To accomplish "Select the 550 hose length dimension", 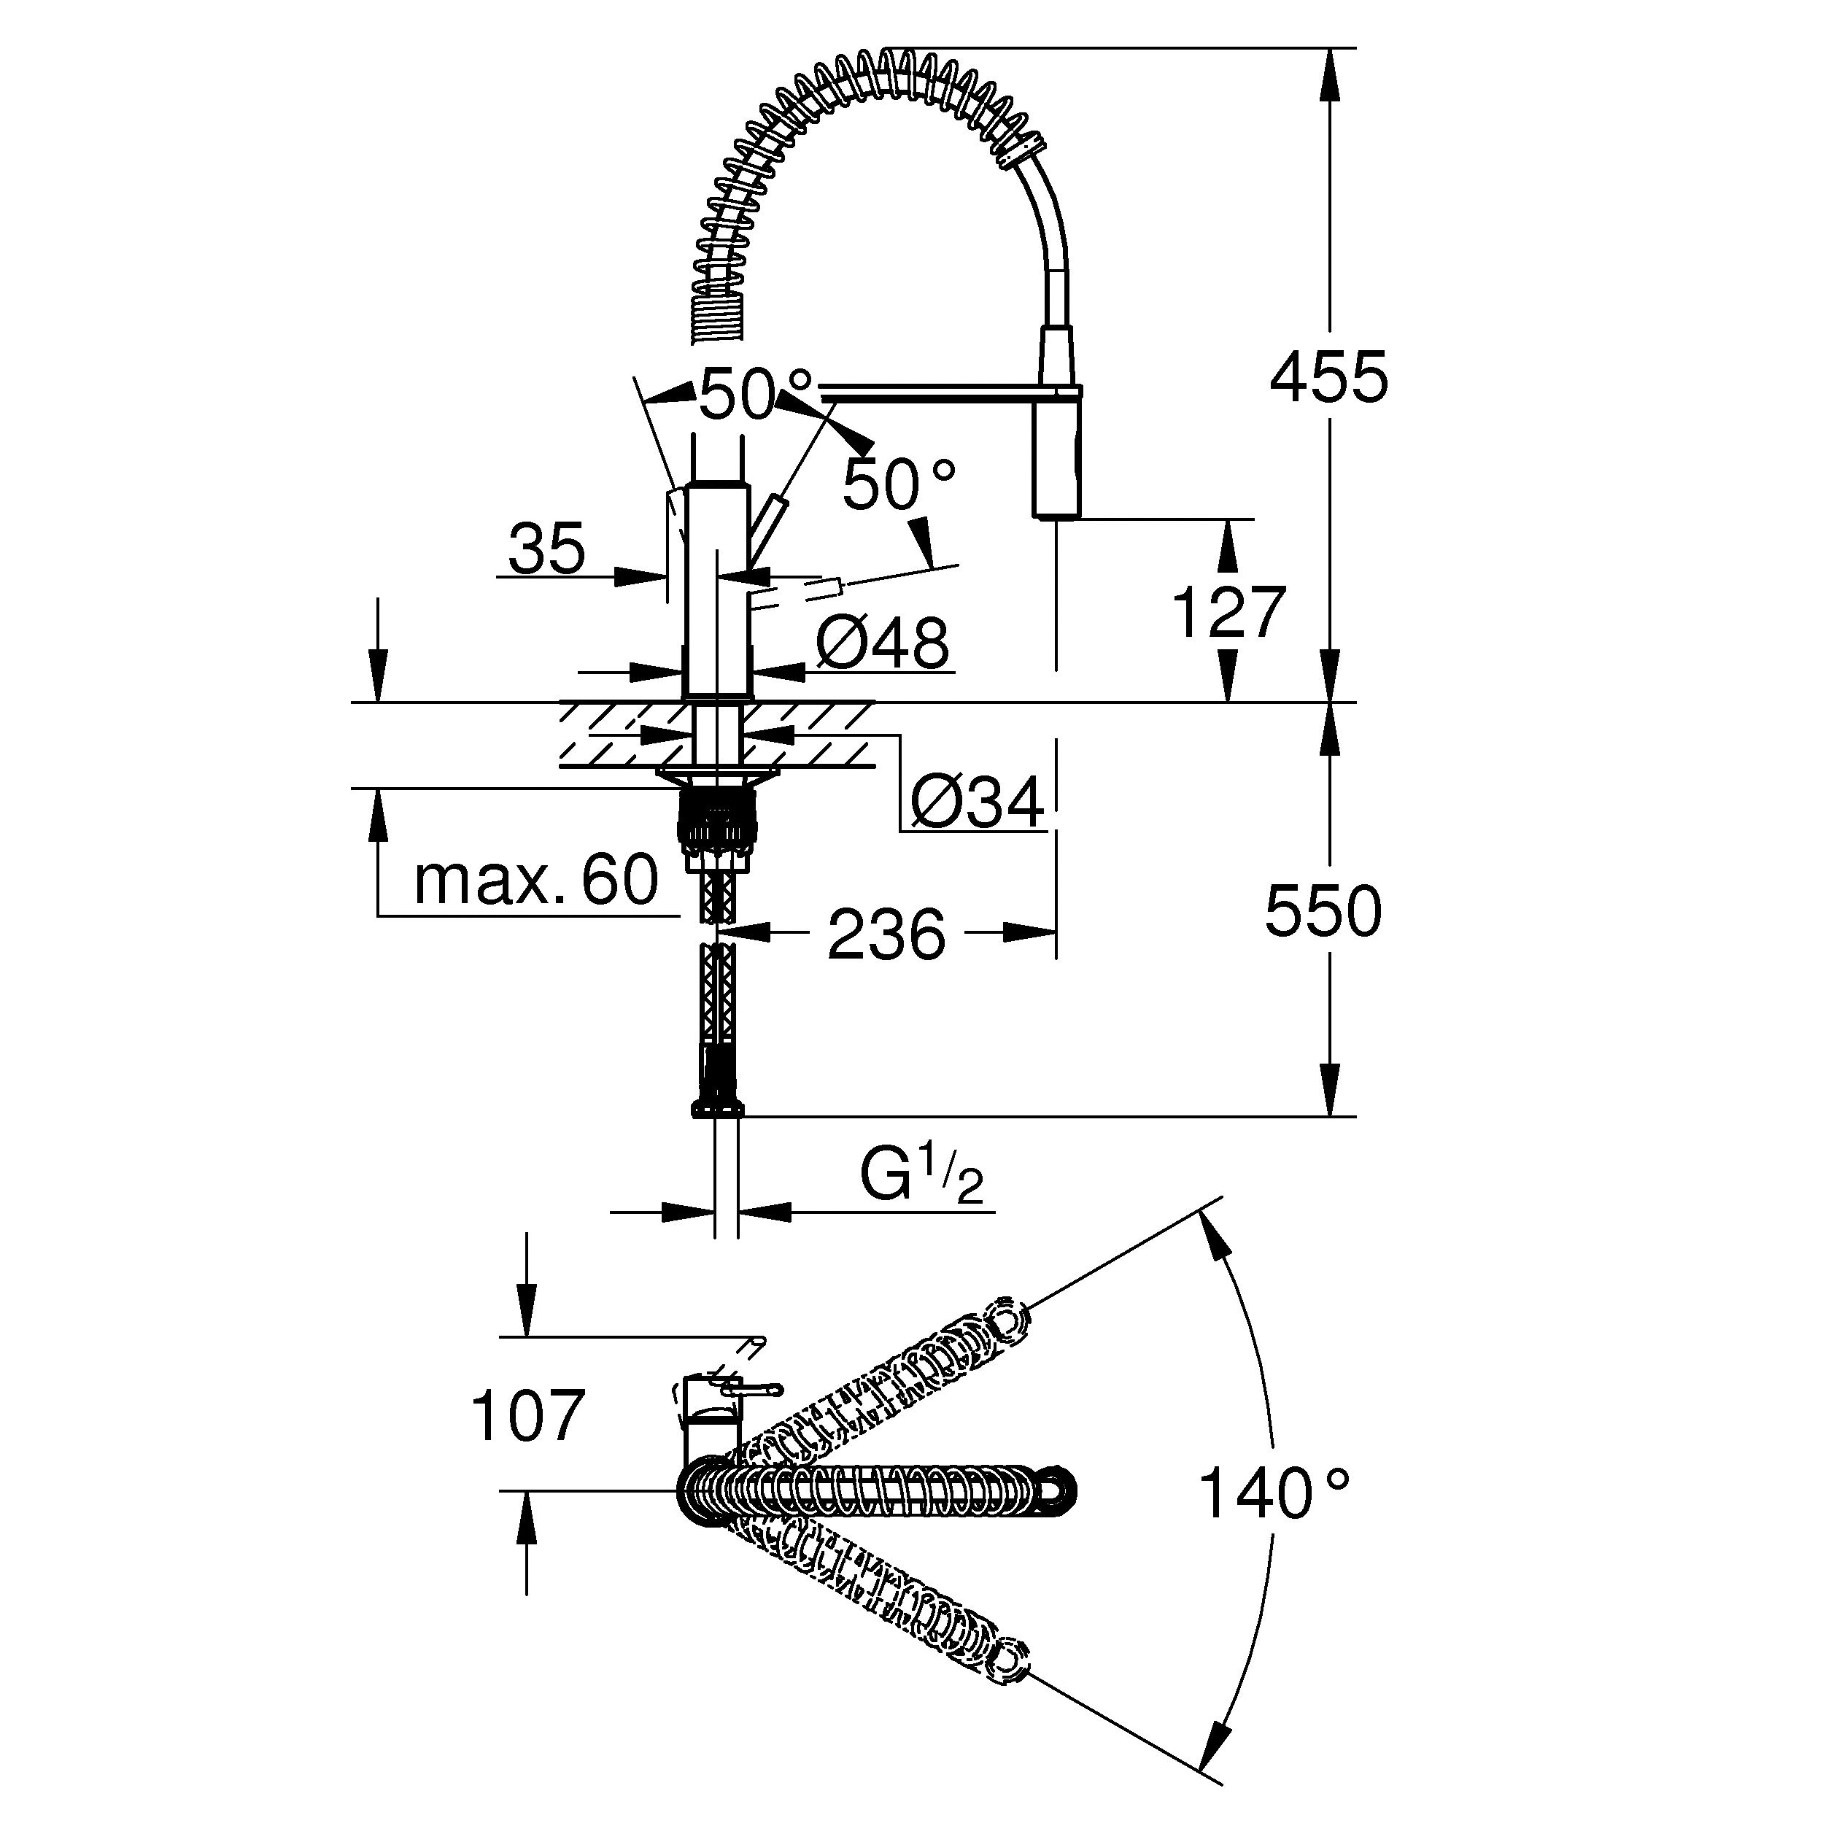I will [x=1323, y=911].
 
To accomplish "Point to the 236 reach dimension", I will [x=886, y=934].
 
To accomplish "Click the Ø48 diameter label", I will [x=883, y=643].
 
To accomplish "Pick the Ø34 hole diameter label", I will [x=978, y=802].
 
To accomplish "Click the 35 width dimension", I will [x=546, y=550].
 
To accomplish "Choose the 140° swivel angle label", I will [x=1273, y=1494].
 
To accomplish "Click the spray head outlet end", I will [x=1056, y=513].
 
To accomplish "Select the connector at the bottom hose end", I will [x=717, y=1108].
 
